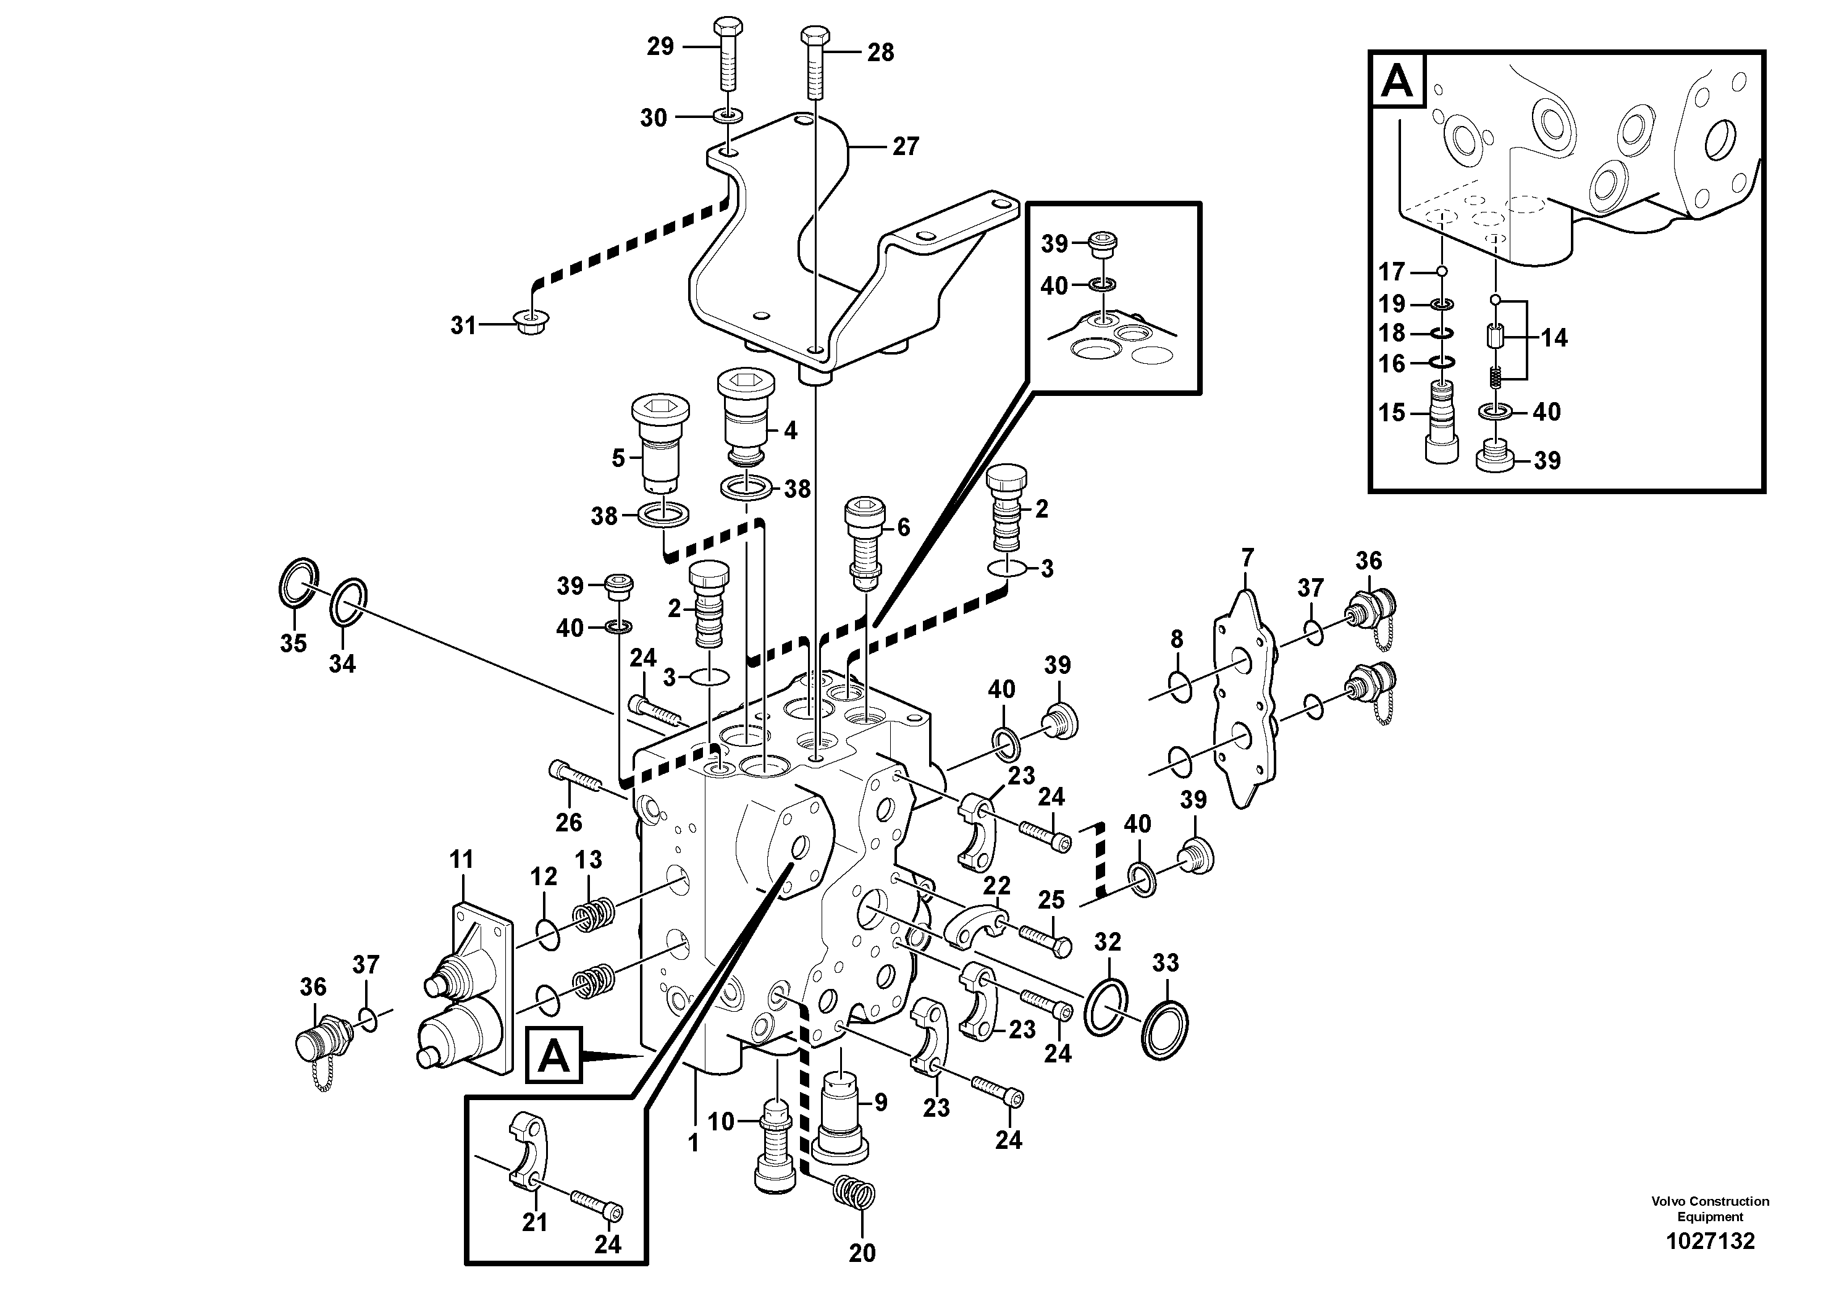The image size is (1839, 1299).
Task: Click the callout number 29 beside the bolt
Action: pyautogui.click(x=660, y=46)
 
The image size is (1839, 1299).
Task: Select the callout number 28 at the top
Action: pyautogui.click(x=880, y=53)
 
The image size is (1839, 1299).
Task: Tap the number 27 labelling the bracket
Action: pyautogui.click(x=905, y=146)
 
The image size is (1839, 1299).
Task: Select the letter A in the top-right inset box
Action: pyautogui.click(x=1398, y=80)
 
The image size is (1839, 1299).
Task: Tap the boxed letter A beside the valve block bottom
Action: pyautogui.click(x=553, y=1057)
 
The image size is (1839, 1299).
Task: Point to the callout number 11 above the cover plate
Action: pyautogui.click(x=462, y=859)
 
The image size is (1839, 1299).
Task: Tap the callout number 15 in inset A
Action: pyautogui.click(x=1392, y=413)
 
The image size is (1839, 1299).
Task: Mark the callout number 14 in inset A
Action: pyautogui.click(x=1554, y=338)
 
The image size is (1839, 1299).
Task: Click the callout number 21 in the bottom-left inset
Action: pyautogui.click(x=534, y=1222)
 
